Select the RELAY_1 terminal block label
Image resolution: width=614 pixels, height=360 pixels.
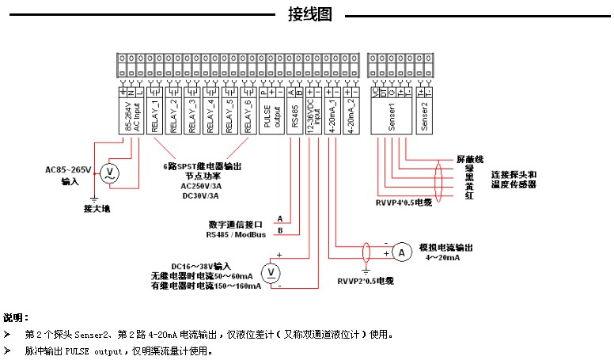[155, 116]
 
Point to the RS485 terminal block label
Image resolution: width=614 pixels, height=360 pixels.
[294, 116]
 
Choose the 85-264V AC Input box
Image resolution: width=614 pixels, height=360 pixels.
[131, 116]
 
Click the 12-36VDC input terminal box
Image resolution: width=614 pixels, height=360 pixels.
[314, 116]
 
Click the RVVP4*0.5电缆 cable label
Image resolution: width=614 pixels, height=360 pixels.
[404, 203]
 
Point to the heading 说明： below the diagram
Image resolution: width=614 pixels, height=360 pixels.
[16, 317]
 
